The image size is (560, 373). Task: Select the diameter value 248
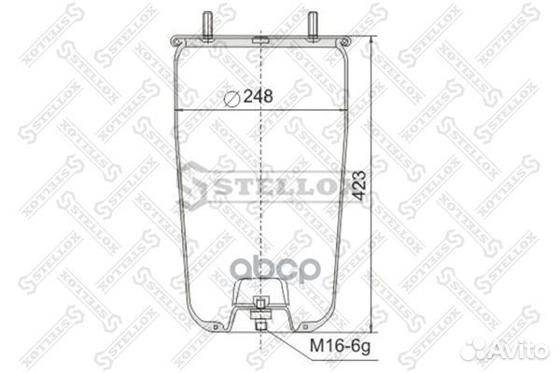click(x=259, y=95)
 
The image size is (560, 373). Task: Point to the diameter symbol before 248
click(x=232, y=95)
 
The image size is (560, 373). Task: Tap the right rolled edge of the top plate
click(x=347, y=42)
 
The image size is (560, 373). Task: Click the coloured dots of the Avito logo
click(x=479, y=348)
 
